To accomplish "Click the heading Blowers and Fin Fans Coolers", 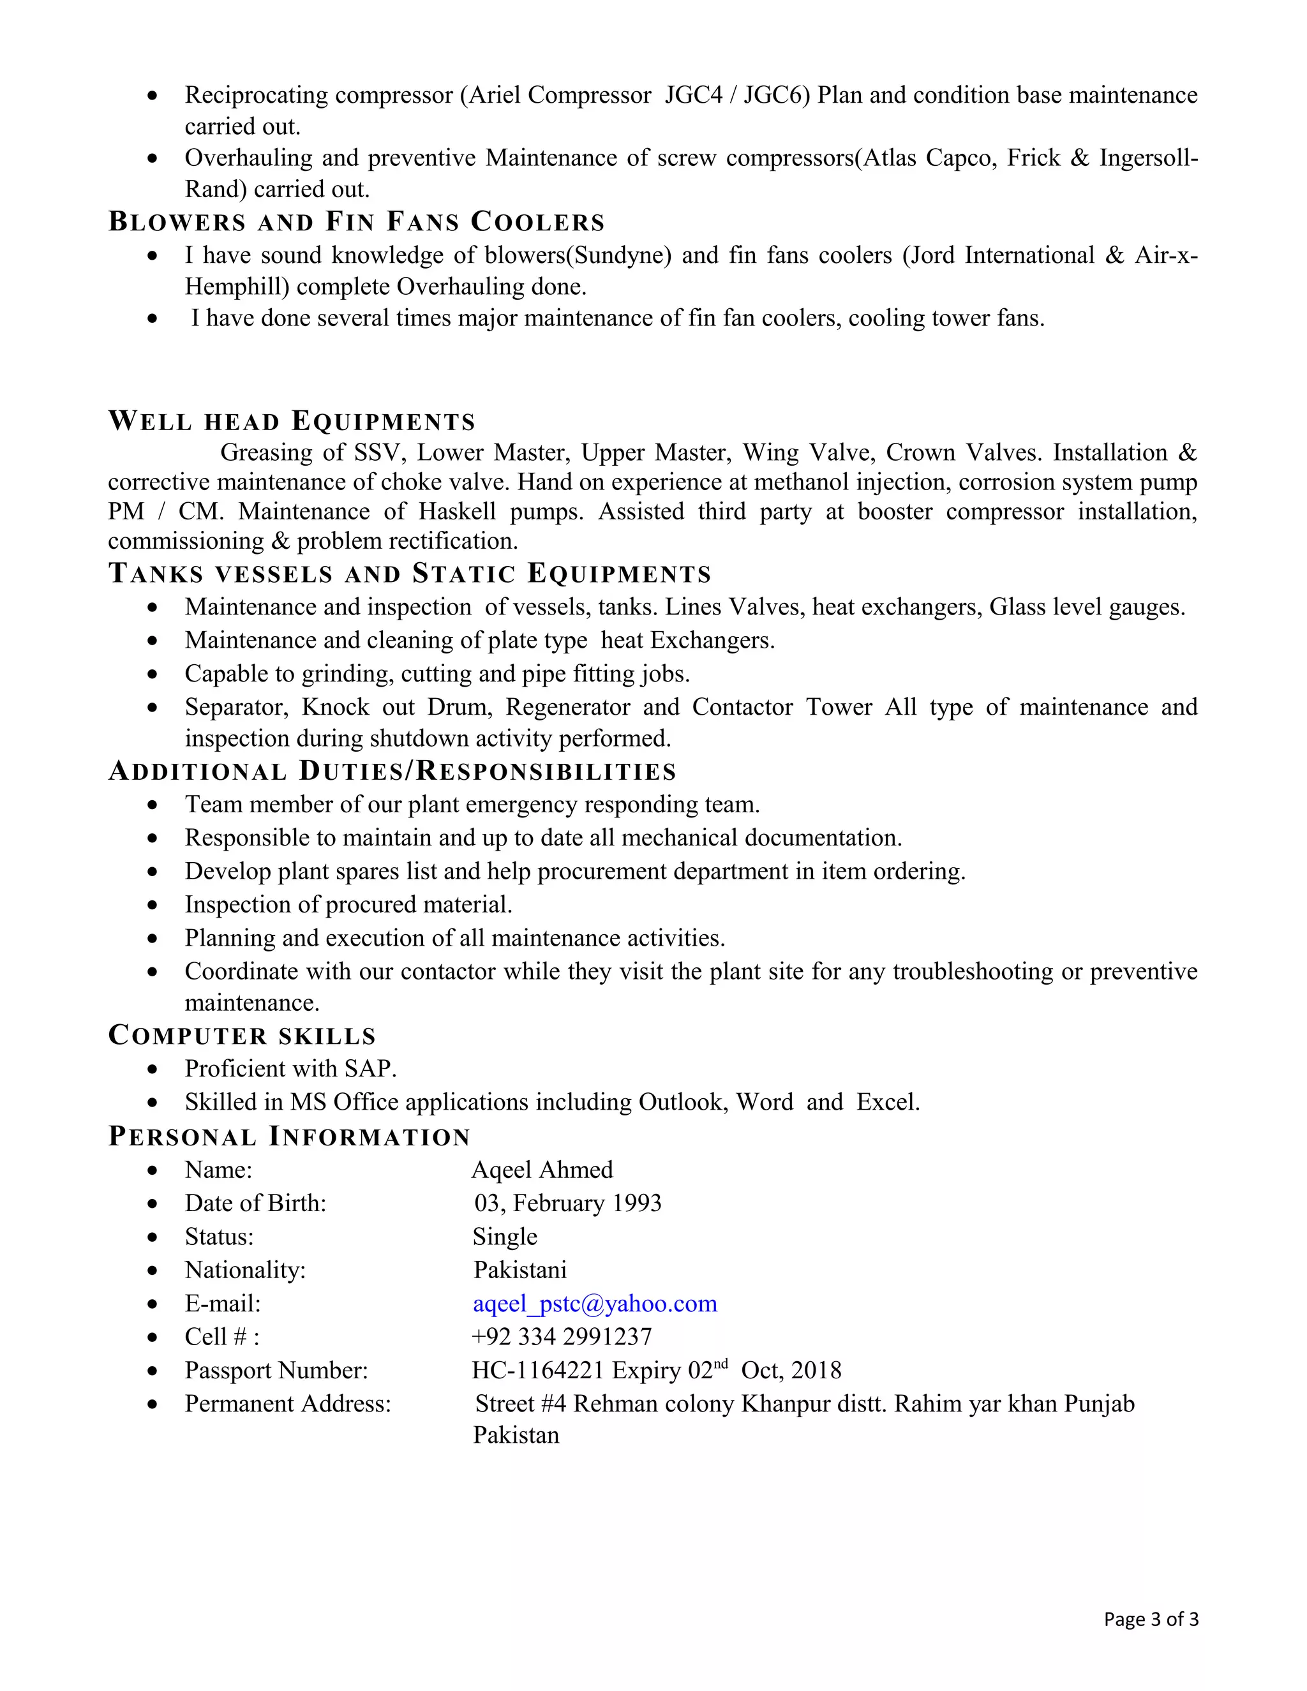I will pyautogui.click(x=356, y=222).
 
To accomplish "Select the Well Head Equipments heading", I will pyautogui.click(x=292, y=421).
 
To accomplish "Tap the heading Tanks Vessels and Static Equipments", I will pyautogui.click(x=410, y=574).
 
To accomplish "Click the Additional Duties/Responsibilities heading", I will pyautogui.click(x=392, y=771).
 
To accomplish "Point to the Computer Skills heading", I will pyautogui.click(x=243, y=1035).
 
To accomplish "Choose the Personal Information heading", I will pyautogui.click(x=290, y=1136).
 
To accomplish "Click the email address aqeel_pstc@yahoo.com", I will pyautogui.click(x=595, y=1303).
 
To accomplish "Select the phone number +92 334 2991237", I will pyautogui.click(x=562, y=1336).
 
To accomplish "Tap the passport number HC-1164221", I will pyautogui.click(x=537, y=1371).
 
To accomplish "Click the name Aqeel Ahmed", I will pyautogui.click(x=542, y=1169).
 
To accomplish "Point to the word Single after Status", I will pyautogui.click(x=505, y=1237).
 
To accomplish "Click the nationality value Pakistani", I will pyautogui.click(x=520, y=1270).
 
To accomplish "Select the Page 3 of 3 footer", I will pyautogui.click(x=1151, y=1619).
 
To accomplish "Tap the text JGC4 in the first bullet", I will pyautogui.click(x=693, y=95).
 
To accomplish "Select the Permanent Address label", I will pyautogui.click(x=287, y=1404).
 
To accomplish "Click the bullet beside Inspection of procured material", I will pyautogui.click(x=153, y=904).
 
